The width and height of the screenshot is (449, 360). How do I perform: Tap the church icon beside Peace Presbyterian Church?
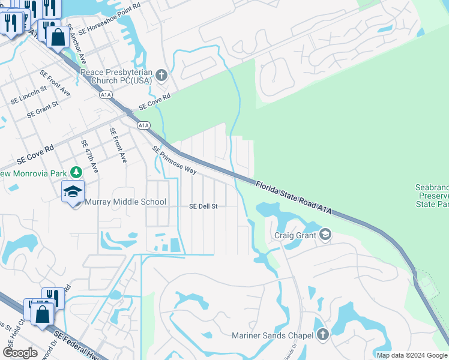coord(161,76)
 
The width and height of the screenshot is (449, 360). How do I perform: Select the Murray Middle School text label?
coord(125,202)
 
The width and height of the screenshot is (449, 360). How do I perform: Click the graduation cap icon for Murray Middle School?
coord(73,191)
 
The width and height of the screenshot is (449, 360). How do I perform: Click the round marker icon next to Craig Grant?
coord(325,234)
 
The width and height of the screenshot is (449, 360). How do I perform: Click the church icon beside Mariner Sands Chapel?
coord(322,334)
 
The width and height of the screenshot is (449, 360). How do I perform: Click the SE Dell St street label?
coord(203,206)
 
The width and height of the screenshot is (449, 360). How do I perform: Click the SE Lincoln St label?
coord(28,95)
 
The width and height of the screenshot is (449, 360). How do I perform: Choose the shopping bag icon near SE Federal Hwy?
coord(43,314)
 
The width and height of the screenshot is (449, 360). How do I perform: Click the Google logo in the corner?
coord(20,353)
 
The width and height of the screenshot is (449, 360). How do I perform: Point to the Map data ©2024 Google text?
coord(412,355)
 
